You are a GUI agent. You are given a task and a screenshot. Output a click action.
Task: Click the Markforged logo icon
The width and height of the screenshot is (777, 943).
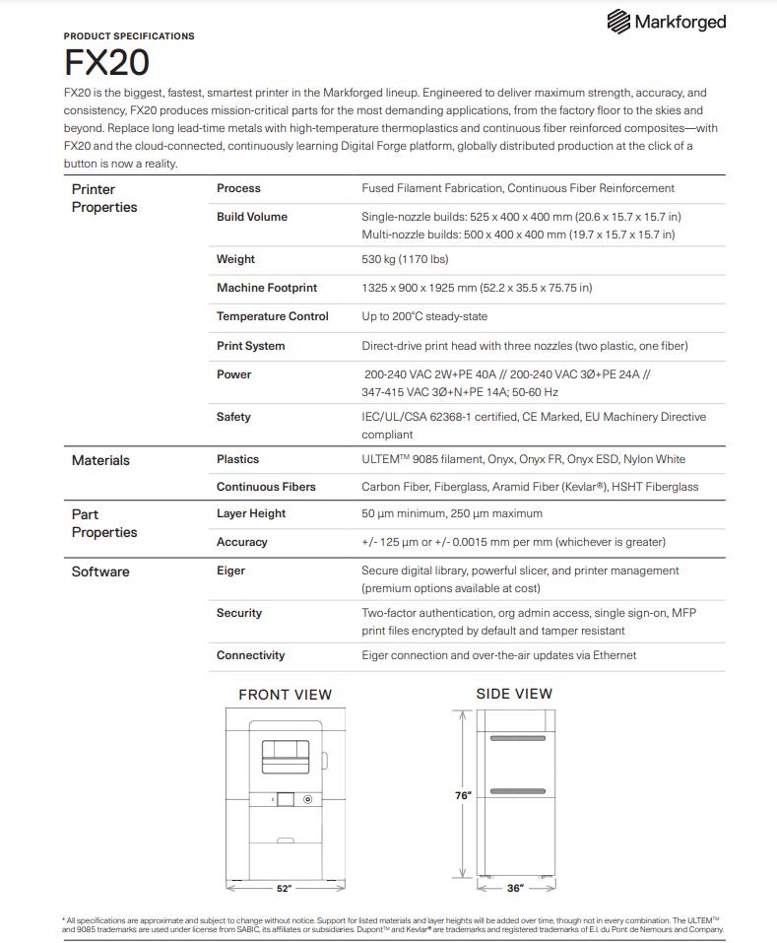(618, 21)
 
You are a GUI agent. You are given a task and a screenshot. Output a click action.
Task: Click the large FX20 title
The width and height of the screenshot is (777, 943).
(106, 62)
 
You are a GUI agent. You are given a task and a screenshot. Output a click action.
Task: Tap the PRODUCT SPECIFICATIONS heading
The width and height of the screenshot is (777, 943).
(129, 36)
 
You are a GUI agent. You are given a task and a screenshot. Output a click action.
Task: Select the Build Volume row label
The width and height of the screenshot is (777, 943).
(252, 217)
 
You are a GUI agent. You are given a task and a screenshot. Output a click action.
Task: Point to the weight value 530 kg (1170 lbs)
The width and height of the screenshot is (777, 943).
(405, 259)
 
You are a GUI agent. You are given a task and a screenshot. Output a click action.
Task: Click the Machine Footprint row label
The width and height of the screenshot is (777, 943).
(267, 288)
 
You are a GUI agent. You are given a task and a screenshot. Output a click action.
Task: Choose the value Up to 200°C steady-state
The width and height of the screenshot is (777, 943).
(424, 316)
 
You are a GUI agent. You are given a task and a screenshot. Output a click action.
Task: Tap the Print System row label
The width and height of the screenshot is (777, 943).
(251, 346)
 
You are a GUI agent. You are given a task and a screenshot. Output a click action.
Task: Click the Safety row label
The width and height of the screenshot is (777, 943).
(233, 417)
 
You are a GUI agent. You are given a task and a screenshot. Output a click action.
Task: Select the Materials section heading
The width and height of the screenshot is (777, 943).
(100, 460)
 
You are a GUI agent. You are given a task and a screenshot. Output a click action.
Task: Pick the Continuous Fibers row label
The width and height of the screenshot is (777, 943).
(266, 487)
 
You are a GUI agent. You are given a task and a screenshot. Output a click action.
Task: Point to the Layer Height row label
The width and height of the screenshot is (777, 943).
(251, 513)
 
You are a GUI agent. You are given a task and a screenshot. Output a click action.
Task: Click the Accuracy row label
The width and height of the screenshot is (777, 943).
(242, 542)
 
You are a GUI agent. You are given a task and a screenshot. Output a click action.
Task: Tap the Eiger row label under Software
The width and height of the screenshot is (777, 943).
(231, 571)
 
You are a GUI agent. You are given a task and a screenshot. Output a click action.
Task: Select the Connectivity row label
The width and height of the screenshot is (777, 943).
(251, 655)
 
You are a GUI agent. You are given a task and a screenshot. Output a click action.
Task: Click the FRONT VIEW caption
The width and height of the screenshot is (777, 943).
(286, 695)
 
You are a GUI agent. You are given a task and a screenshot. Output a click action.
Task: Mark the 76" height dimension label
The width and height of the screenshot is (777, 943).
(463, 795)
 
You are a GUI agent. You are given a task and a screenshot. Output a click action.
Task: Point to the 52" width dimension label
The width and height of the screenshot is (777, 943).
(284, 889)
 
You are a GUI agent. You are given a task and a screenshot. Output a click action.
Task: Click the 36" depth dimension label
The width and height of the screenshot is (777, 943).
(515, 889)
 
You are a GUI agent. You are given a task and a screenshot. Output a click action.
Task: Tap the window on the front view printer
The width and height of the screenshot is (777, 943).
(285, 756)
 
